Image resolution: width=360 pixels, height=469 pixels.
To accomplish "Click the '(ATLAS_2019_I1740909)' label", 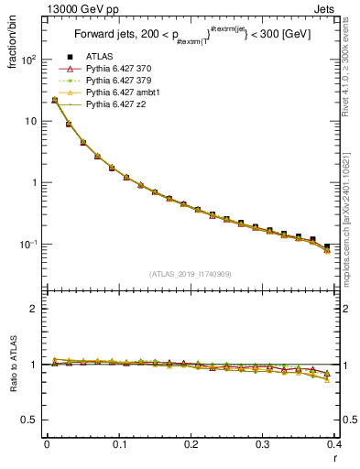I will click(190, 274).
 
